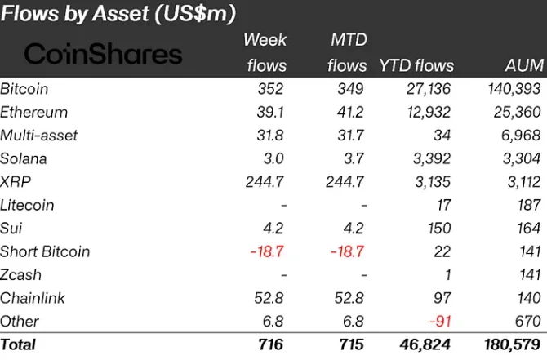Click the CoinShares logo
[x=104, y=54]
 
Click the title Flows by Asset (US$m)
[x=119, y=14]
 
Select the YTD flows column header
[x=416, y=65]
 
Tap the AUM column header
[x=522, y=65]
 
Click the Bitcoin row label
[x=24, y=88]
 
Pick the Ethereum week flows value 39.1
[x=269, y=112]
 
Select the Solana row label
[x=24, y=158]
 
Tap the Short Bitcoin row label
[x=45, y=251]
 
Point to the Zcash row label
[x=21, y=274]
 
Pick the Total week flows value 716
[x=270, y=344]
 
